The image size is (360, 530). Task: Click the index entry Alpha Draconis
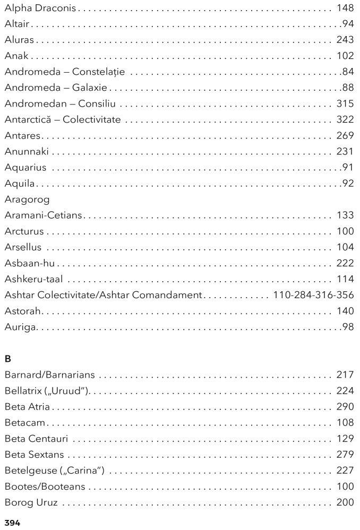point(40,8)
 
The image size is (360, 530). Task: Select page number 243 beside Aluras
point(345,40)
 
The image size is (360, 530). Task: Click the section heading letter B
point(7,359)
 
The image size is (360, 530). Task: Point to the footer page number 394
point(12,523)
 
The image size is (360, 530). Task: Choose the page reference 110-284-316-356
point(313,294)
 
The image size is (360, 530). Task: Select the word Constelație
point(102,72)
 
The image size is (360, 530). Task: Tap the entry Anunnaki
point(27,152)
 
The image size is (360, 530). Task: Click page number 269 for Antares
point(345,135)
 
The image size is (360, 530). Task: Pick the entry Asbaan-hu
point(30,263)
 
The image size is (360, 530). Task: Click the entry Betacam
point(25,423)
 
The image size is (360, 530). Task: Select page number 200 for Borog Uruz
point(345,502)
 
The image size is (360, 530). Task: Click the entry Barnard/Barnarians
point(49,375)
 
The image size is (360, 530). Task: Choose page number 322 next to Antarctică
point(345,119)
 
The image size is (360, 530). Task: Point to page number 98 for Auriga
point(348,327)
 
